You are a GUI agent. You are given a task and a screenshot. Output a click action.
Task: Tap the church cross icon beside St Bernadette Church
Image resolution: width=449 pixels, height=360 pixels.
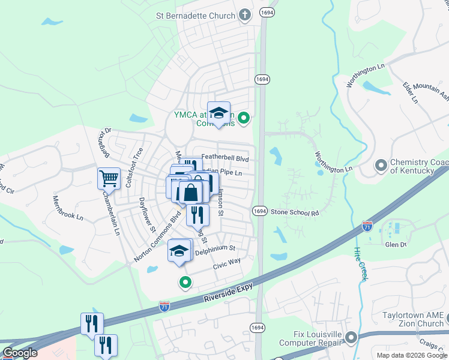coord(244,14)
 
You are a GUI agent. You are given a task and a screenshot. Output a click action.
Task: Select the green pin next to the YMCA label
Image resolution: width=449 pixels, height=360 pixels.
coord(243,118)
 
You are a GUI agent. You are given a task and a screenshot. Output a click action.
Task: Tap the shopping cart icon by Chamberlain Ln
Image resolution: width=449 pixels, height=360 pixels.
coord(109,178)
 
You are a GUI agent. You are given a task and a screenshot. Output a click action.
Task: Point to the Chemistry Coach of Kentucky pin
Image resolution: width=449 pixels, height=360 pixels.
coord(381,165)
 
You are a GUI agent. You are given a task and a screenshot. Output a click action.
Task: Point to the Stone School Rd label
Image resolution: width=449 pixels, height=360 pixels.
coord(294,212)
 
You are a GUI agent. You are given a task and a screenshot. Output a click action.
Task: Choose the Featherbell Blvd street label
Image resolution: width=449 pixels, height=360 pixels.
coord(224,157)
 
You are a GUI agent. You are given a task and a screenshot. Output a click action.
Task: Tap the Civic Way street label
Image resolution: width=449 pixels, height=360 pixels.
coord(226,262)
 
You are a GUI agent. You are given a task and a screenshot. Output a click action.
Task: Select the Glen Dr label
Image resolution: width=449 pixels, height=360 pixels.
coord(395,244)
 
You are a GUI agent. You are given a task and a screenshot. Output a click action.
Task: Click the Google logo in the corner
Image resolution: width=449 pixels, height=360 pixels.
coord(20,353)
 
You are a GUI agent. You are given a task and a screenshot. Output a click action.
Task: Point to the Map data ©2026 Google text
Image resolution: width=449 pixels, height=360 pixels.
coord(411,355)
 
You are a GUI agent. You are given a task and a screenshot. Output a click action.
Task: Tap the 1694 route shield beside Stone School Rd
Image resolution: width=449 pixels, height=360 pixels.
coord(259,211)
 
